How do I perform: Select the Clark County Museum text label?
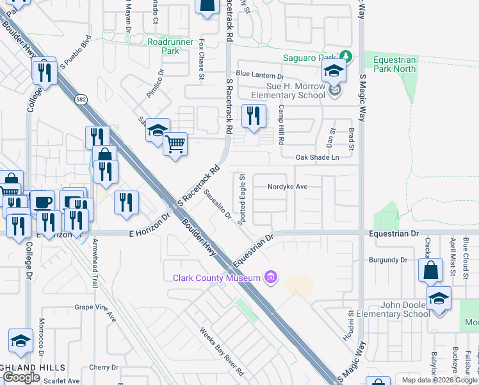point(216,277)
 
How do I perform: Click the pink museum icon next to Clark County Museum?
point(271,277)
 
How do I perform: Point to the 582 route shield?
point(80,99)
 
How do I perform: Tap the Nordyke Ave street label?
point(288,187)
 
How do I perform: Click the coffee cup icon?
point(43,201)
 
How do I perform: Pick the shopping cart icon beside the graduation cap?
point(175,143)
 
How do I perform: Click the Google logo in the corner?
point(21,377)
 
